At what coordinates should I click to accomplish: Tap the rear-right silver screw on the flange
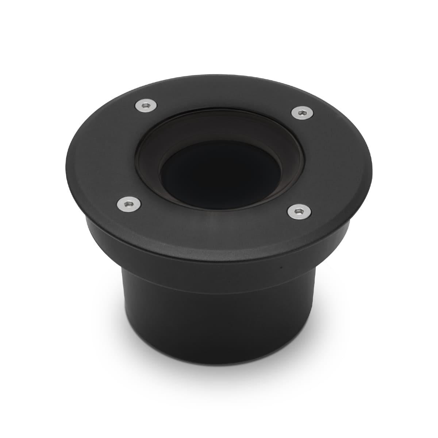301,113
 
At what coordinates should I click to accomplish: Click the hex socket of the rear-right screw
301,113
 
